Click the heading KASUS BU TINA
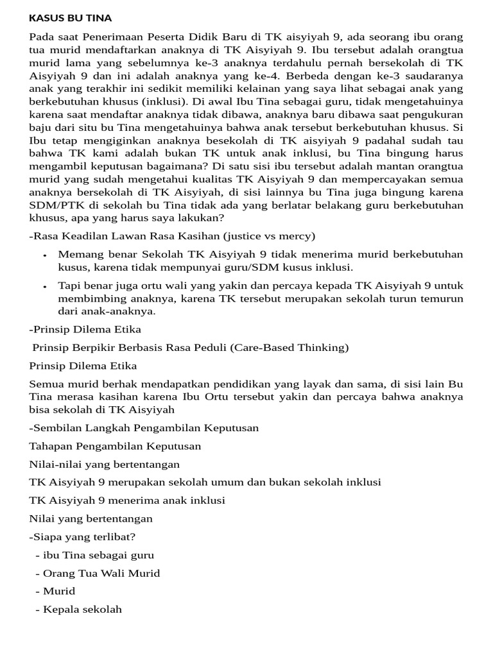coord(71,18)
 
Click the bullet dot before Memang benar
coord(45,255)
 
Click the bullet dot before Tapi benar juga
coord(45,286)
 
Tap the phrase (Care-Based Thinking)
coord(295,348)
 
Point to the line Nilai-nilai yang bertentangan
coord(105,464)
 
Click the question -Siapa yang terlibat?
coord(82,536)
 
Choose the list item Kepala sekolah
coord(82,609)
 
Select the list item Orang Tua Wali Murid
coord(101,573)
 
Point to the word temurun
coord(440,298)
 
